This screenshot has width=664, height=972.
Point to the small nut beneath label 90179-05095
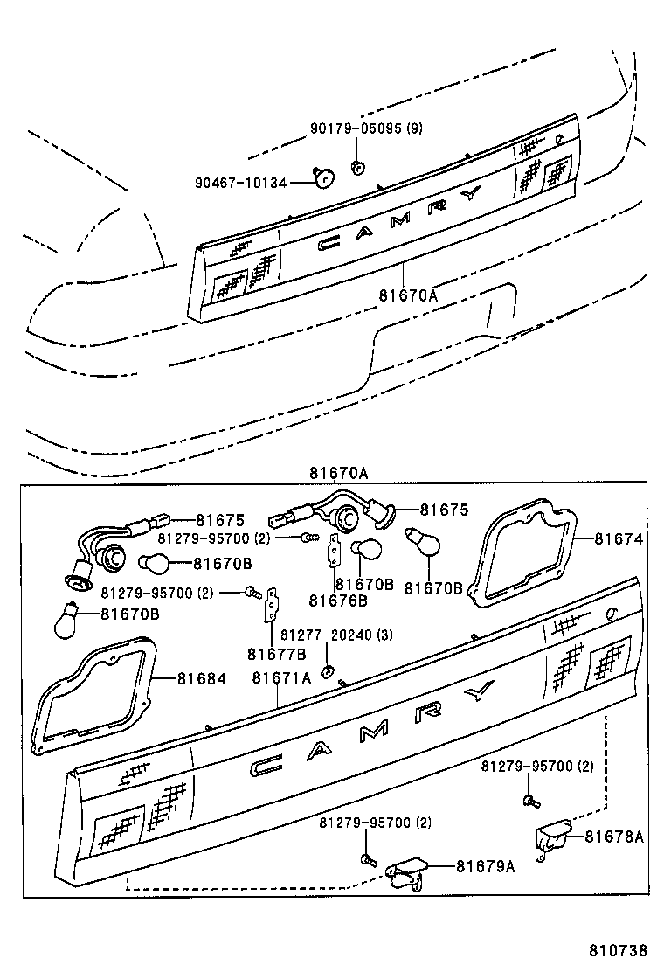point(356,166)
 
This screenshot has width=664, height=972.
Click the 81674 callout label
point(619,539)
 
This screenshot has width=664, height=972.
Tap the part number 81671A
point(281,677)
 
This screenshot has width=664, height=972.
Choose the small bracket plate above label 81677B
point(273,604)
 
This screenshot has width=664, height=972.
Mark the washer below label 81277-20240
point(328,670)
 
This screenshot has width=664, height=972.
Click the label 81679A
point(484,866)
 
